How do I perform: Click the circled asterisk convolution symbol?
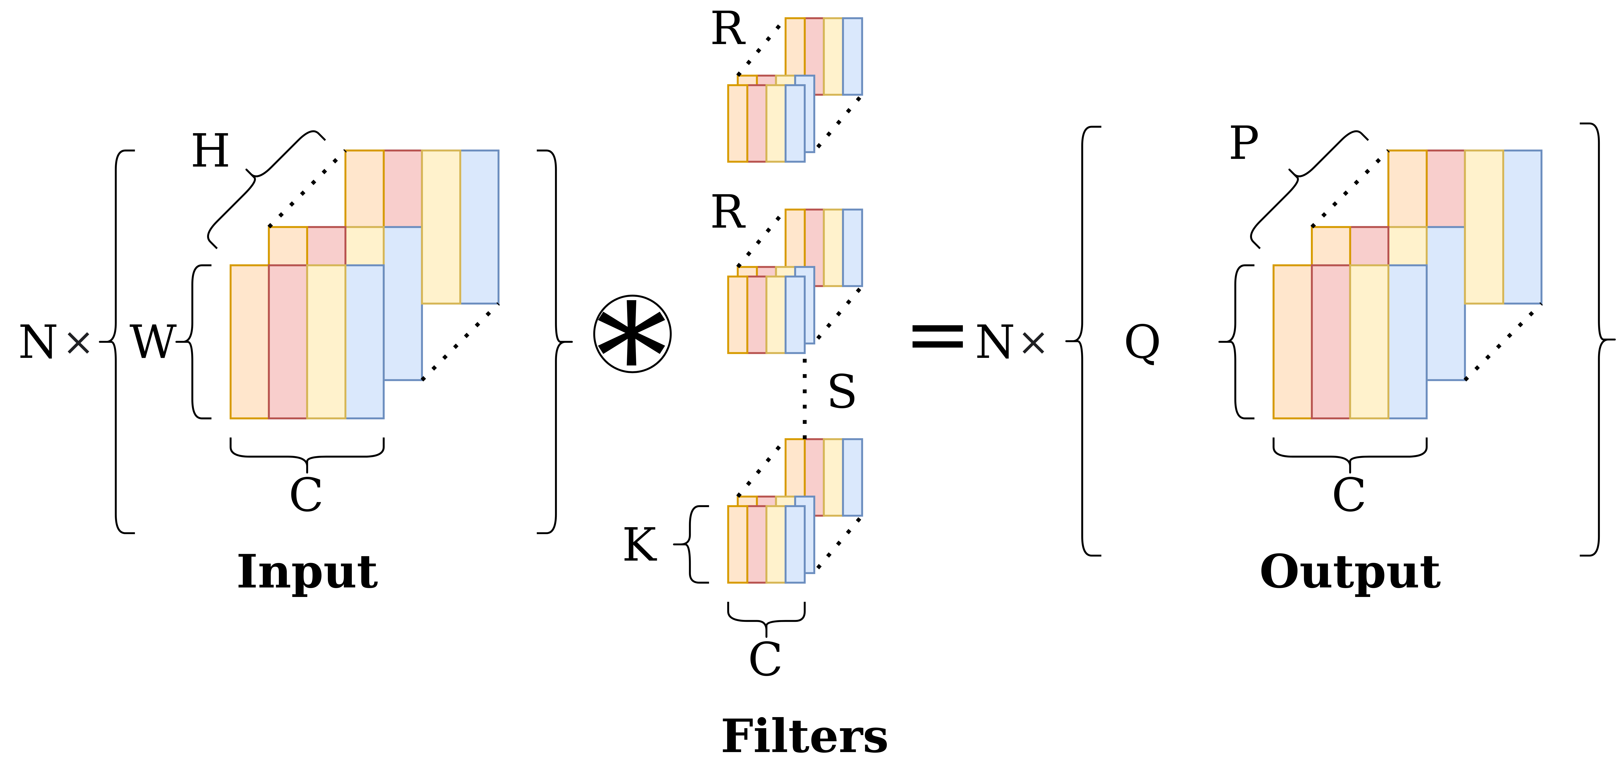click(x=632, y=334)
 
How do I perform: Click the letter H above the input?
click(x=210, y=152)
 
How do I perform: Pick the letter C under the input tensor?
click(x=306, y=495)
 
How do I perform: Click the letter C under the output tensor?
click(x=1349, y=495)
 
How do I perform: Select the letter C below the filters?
click(x=765, y=659)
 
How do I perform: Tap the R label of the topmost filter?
click(x=728, y=30)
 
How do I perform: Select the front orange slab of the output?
click(x=1292, y=341)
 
